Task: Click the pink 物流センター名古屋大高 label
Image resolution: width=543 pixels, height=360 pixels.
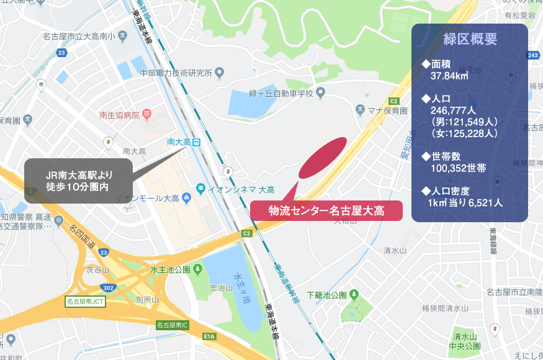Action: pyautogui.click(x=326, y=210)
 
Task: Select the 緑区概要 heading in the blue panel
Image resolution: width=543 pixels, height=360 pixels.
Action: pyautogui.click(x=470, y=39)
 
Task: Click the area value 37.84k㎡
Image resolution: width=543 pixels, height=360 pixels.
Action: pyautogui.click(x=449, y=76)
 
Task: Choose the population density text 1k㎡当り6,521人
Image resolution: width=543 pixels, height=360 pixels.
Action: pyautogui.click(x=465, y=202)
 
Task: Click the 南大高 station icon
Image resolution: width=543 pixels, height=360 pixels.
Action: pyautogui.click(x=197, y=142)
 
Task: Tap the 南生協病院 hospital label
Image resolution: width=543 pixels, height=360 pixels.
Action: pyautogui.click(x=119, y=114)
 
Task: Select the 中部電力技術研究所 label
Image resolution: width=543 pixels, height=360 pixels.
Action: pyautogui.click(x=176, y=73)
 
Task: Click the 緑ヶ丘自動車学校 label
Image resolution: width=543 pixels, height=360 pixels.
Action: pyautogui.click(x=280, y=94)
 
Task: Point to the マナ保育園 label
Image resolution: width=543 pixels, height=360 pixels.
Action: pyautogui.click(x=385, y=110)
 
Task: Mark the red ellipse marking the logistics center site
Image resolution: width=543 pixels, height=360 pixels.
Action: pyautogui.click(x=323, y=157)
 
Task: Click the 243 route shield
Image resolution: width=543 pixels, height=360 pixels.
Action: pyautogui.click(x=532, y=56)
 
